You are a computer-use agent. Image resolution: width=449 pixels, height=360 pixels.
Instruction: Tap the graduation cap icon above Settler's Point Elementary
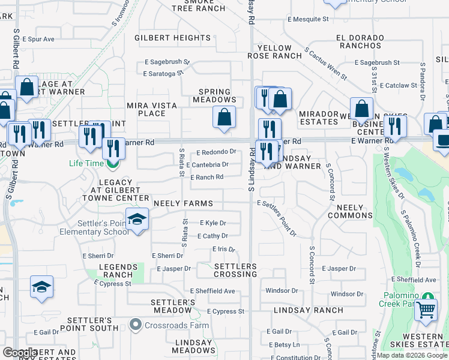click(137, 219)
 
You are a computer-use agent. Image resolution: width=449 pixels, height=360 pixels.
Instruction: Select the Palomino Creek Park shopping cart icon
click(426, 310)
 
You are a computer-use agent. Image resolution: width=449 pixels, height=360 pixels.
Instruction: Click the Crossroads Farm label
click(170, 326)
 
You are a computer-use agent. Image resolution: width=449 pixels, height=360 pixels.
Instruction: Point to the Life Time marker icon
click(112, 163)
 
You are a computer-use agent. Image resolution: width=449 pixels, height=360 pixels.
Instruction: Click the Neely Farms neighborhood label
click(183, 204)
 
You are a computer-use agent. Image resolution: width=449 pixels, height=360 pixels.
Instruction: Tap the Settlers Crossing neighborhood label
click(235, 270)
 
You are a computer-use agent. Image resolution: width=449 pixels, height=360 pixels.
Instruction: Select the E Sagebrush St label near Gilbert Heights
click(167, 62)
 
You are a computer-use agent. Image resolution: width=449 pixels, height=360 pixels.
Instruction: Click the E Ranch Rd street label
click(207, 177)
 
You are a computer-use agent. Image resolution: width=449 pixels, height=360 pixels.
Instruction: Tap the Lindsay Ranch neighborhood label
click(309, 311)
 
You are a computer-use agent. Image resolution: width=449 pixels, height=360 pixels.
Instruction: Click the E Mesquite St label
click(308, 19)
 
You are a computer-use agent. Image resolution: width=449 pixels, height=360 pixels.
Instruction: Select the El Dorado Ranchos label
click(360, 42)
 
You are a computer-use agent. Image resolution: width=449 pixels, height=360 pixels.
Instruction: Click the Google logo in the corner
click(20, 353)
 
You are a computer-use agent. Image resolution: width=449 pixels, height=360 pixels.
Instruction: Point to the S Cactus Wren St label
click(326, 64)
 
